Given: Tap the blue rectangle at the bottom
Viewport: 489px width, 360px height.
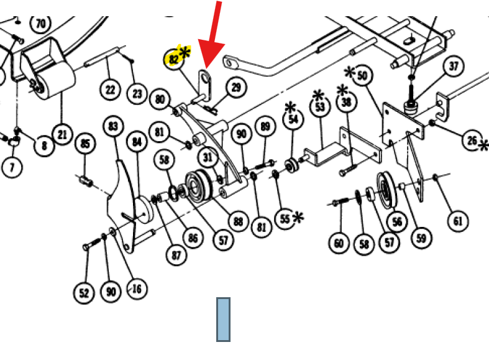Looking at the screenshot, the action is pos(223,320).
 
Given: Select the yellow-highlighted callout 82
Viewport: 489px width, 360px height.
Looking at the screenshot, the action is pos(174,59).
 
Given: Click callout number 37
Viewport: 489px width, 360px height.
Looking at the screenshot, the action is pos(453,67).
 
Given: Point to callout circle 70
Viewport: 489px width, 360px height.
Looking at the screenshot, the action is pos(41,24).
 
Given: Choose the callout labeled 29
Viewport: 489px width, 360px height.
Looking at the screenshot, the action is pos(236,88).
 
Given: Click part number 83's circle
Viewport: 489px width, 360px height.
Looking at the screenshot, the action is pos(113,126).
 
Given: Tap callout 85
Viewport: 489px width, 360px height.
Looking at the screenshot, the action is pos(86,144).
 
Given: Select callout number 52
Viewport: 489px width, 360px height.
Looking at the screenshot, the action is pos(84,293).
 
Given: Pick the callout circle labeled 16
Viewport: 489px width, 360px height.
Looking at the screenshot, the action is pos(137,289).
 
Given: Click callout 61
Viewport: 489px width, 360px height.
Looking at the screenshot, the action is pos(457,221).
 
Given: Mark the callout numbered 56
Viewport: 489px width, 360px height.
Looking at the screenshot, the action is pos(396,222).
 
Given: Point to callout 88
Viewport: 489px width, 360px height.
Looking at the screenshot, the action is pos(238,221).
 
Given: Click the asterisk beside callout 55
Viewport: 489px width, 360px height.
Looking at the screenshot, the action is pos(298,216).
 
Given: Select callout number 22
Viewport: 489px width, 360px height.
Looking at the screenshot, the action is pos(110,90).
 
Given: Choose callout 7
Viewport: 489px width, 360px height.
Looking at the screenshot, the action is pos(12,167).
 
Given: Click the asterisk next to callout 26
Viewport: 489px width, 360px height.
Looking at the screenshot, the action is pos(483,146).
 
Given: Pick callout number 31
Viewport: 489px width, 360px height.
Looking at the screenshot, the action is pos(208,157).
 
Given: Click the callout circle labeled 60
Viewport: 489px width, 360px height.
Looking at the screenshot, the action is pos(339,243).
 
